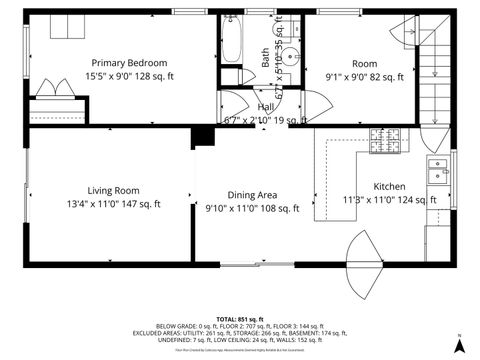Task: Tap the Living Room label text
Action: (x=113, y=190)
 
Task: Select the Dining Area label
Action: (x=253, y=195)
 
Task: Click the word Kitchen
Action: (x=389, y=186)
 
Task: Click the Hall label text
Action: (x=265, y=106)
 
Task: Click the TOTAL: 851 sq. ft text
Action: (x=239, y=318)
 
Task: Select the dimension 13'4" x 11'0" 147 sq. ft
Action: (x=113, y=205)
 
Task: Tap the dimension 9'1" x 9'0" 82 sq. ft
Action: (x=365, y=76)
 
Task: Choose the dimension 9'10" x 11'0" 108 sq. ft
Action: (x=253, y=209)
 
